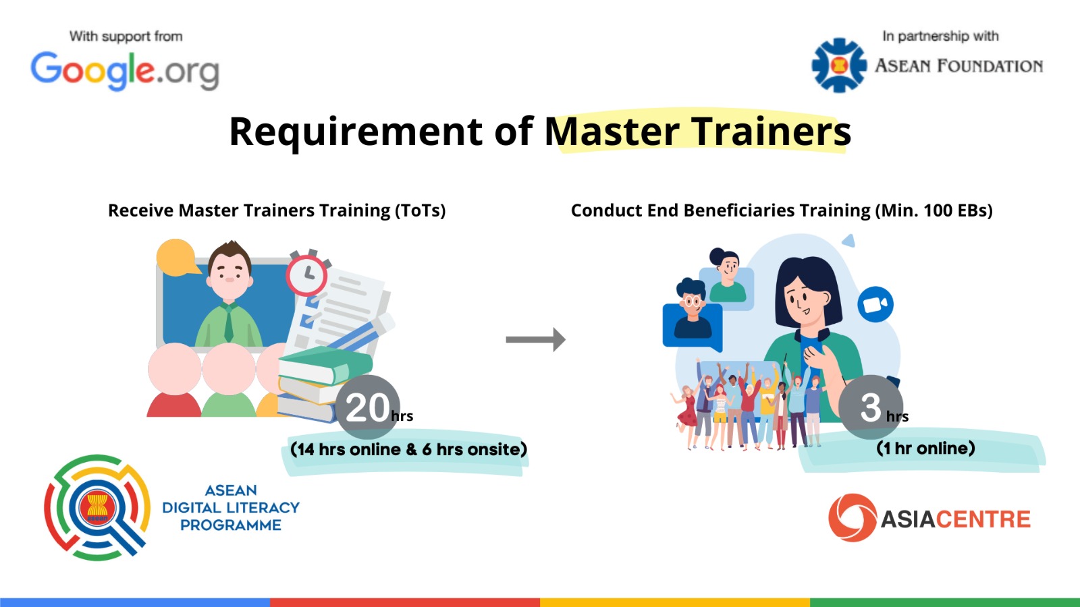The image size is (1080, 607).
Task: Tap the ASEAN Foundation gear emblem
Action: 839,65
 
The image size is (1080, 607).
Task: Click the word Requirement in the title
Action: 356,132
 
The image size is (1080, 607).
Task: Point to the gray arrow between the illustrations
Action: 536,340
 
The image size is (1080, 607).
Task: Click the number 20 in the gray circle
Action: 367,408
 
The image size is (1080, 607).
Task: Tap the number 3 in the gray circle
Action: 870,408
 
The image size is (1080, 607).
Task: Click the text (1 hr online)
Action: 925,448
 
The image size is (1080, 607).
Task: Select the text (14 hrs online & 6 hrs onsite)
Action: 408,449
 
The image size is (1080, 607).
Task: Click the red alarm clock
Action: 307,274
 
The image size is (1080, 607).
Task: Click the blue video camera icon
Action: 875,304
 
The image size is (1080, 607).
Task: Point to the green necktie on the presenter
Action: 229,323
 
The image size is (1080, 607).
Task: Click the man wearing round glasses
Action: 693,308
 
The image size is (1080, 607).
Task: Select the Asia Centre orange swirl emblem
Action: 853,518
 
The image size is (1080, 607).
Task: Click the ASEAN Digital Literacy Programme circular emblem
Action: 97,507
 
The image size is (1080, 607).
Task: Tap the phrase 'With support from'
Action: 126,36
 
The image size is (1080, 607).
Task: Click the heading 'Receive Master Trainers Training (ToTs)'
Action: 277,210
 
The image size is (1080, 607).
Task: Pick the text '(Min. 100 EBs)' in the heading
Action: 932,210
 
